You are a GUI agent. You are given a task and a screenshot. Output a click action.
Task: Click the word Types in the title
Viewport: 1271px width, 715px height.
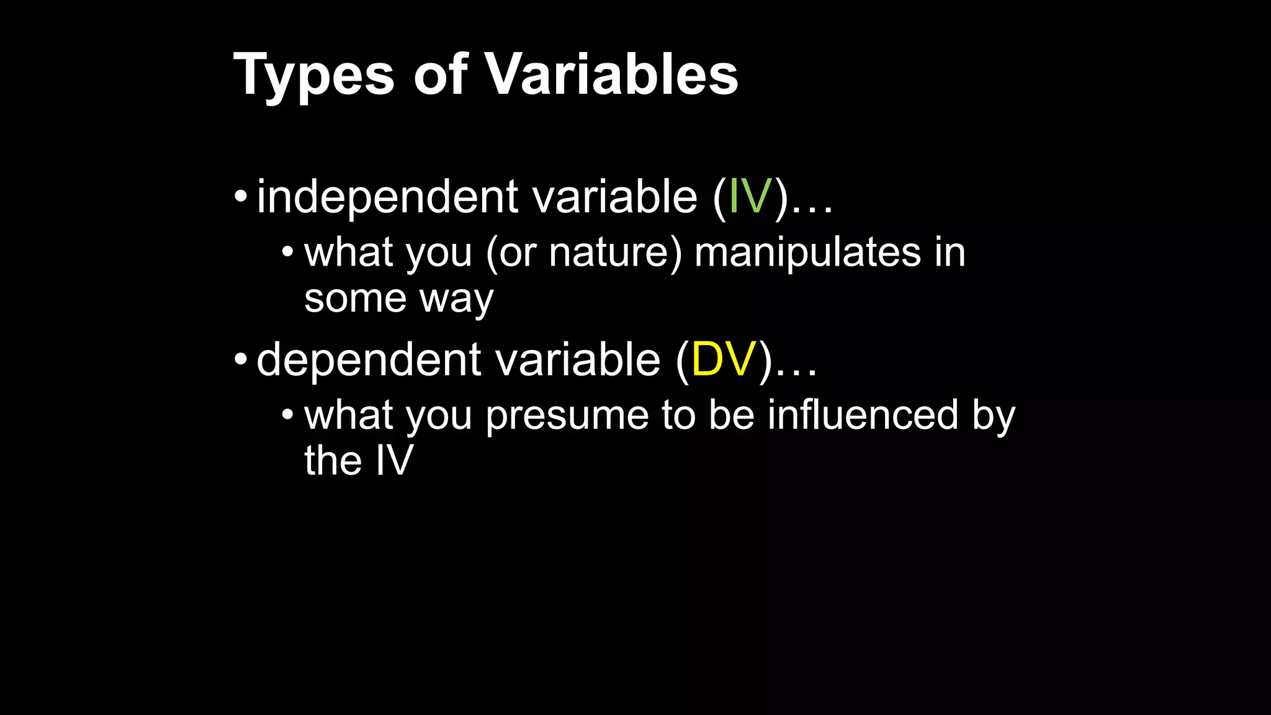(313, 76)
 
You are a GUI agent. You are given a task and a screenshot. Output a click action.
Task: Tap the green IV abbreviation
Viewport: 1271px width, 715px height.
(750, 197)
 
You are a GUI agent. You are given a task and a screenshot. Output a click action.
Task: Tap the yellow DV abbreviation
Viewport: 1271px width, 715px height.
(724, 359)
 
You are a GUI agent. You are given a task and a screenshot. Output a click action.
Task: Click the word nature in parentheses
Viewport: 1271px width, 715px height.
(608, 253)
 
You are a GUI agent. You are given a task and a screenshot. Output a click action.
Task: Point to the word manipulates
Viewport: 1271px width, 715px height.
(807, 253)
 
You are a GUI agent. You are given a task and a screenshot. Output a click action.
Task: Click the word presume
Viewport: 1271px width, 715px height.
(567, 416)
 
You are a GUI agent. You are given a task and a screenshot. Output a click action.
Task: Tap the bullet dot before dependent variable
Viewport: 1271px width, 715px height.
(241, 359)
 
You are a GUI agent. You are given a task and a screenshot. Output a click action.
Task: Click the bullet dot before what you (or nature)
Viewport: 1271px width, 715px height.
(287, 252)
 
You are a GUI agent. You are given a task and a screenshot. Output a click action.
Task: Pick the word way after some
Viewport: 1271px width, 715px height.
(456, 300)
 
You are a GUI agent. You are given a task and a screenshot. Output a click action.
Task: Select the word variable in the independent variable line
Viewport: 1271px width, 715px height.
(614, 197)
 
